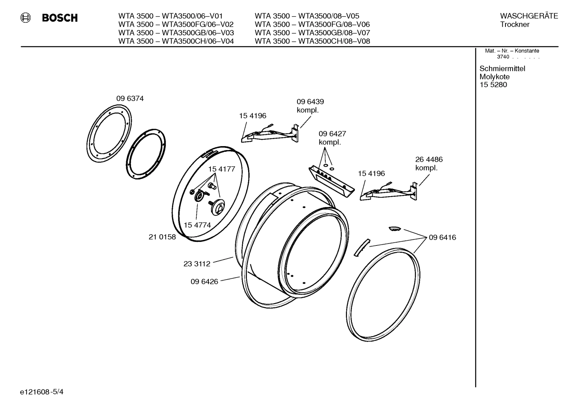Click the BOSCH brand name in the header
tap(60, 18)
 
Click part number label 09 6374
tap(130, 98)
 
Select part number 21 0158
tap(162, 237)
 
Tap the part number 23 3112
tap(197, 264)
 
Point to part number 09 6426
tap(204, 281)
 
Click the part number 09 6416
tap(442, 237)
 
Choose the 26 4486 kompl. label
tap(428, 164)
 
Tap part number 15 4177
tap(221, 169)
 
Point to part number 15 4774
tap(197, 225)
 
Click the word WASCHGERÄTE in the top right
tap(529, 16)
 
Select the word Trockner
tap(515, 24)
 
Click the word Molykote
tap(494, 77)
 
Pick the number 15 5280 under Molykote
tap(493, 85)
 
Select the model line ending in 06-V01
tap(170, 16)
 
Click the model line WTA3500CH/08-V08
tap(312, 41)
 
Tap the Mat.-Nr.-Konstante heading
tap(512, 51)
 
